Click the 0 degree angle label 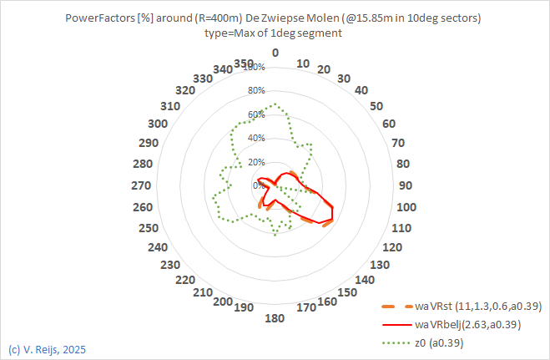pyautogui.click(x=275, y=53)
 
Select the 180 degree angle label pyautogui.click(x=275, y=318)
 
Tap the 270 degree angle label pyautogui.click(x=142, y=185)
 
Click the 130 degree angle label pyautogui.click(x=380, y=264)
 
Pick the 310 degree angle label pyautogui.click(x=171, y=106)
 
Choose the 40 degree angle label pyautogui.click(x=361, y=89)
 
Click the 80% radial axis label pyautogui.click(x=256, y=90)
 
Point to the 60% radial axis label pyautogui.click(x=256, y=114)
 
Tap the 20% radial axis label pyautogui.click(x=256, y=161)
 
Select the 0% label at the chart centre pyautogui.click(x=260, y=185)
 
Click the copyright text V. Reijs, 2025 pyautogui.click(x=46, y=348)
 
